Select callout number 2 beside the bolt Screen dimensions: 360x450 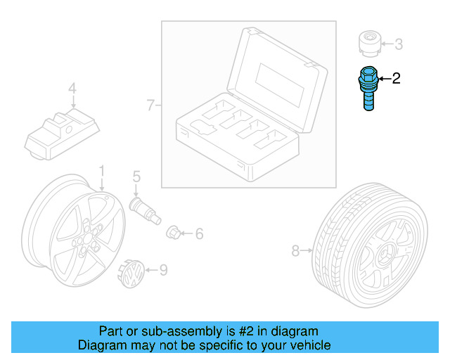tap(396, 79)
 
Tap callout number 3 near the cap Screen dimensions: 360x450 tap(398, 45)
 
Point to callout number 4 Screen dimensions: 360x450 tap(71, 89)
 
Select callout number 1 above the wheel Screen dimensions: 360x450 tap(101, 171)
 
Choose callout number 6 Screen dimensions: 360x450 tap(199, 233)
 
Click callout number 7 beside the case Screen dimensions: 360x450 tap(150, 105)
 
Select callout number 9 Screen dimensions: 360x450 tap(163, 269)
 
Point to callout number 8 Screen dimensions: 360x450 tap(295, 250)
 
